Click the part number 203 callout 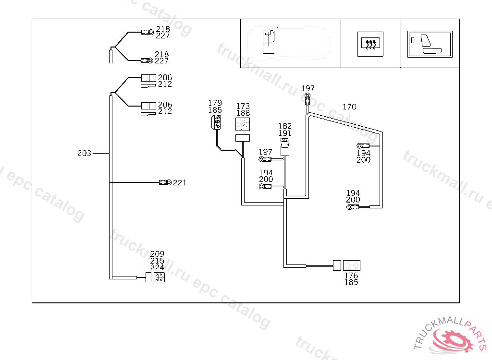click(84, 154)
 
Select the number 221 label click(180, 182)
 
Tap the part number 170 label click(349, 107)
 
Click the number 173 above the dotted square click(243, 106)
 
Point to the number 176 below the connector click(351, 276)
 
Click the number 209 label click(157, 254)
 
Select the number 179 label click(215, 103)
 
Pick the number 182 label click(285, 126)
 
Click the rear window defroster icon click(370, 43)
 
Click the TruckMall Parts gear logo click(452, 340)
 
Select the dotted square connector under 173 click(243, 124)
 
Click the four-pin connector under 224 click(160, 277)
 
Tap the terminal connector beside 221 click(165, 182)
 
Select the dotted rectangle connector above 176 click(351, 265)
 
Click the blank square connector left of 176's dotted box click(337, 265)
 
